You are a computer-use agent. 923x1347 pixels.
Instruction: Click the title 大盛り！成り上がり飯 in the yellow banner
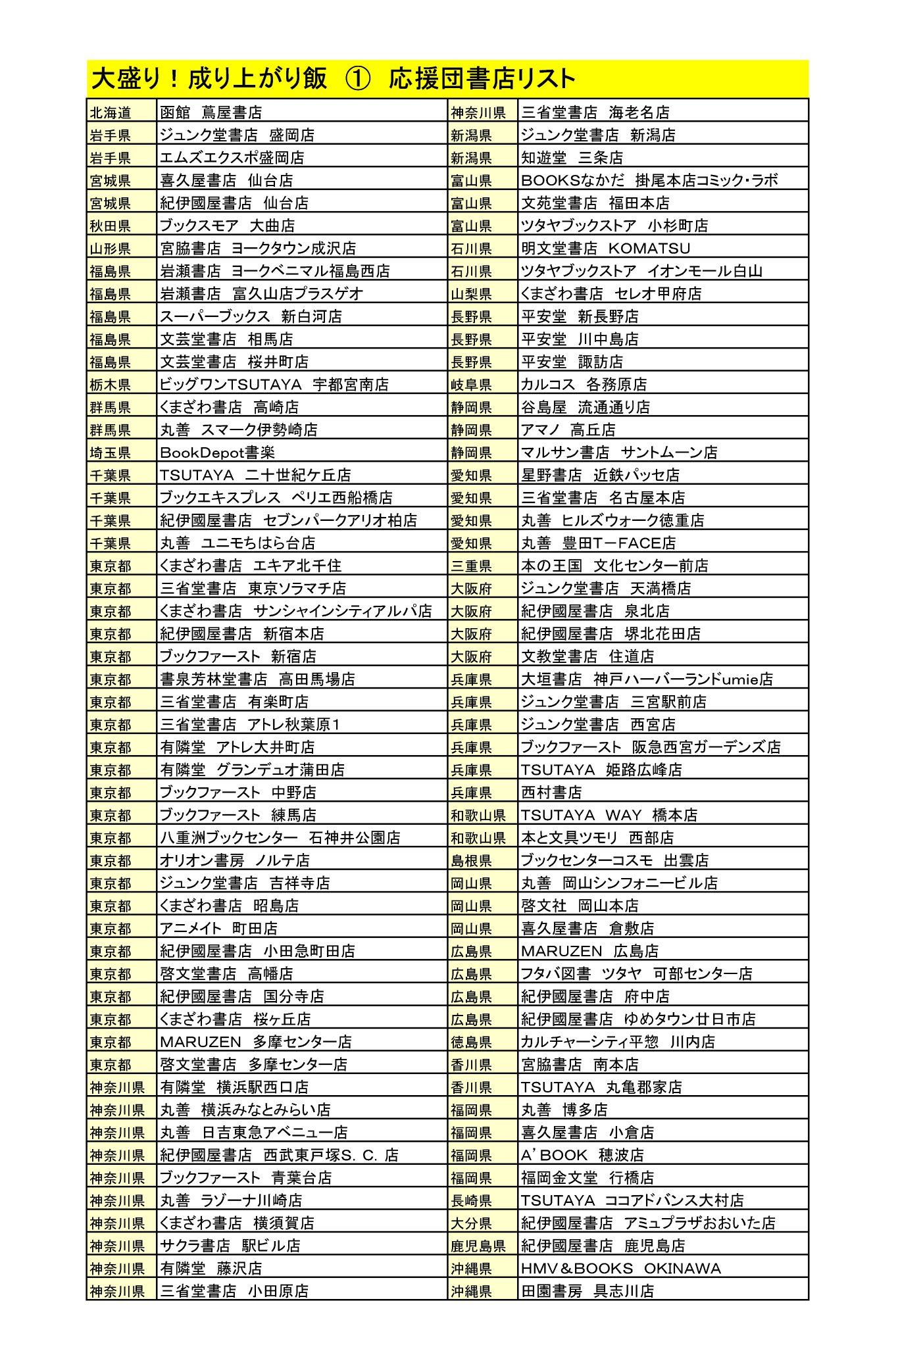tap(209, 79)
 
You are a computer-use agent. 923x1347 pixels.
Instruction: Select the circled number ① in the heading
tap(357, 79)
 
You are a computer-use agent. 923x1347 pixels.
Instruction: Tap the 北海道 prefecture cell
tap(111, 112)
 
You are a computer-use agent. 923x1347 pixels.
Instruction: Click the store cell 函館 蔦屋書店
tap(211, 112)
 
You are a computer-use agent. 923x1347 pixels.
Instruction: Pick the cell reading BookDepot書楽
tap(217, 453)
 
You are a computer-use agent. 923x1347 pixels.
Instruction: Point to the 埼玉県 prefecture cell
tap(111, 453)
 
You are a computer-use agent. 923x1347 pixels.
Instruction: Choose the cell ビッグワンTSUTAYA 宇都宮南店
tap(274, 384)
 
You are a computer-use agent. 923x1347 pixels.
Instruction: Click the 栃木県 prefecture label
tap(111, 385)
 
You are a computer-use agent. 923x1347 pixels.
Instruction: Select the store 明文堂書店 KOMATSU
tap(605, 248)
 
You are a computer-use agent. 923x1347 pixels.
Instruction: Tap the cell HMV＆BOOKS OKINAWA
tap(620, 1268)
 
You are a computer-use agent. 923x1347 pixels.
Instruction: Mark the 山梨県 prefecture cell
tap(471, 294)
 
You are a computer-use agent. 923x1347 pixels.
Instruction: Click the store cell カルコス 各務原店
tap(584, 384)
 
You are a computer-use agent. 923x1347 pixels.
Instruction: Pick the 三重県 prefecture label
tap(471, 566)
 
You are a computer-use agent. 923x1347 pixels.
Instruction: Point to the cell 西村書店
tap(551, 792)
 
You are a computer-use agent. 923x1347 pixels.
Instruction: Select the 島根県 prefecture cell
tap(471, 860)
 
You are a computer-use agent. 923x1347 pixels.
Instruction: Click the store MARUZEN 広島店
tap(589, 951)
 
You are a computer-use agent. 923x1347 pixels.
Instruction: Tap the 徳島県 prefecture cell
tap(471, 1042)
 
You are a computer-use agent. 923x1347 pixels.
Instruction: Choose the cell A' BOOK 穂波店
tap(582, 1155)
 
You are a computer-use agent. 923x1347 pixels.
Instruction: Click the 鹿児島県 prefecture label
tap(478, 1246)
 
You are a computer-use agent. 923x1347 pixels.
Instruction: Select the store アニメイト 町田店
tap(218, 928)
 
